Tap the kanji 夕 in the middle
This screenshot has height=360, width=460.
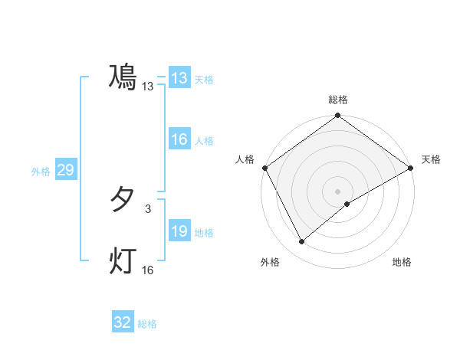(x=123, y=200)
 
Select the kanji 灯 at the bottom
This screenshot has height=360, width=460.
(x=123, y=261)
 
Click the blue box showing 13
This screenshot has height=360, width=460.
(x=179, y=78)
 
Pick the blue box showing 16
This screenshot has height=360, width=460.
(x=179, y=139)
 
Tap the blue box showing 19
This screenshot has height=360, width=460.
(x=179, y=231)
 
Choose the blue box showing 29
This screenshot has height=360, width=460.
(x=65, y=170)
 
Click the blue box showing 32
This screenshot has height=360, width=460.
(x=123, y=322)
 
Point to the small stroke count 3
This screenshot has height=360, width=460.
(x=148, y=208)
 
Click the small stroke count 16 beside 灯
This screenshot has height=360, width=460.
(x=148, y=270)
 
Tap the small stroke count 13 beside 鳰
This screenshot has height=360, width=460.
(x=148, y=87)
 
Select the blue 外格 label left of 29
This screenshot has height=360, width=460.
(x=41, y=172)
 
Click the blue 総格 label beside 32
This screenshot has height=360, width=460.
(x=147, y=324)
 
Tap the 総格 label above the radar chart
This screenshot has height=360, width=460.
(x=338, y=100)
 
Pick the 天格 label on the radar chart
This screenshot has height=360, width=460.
(x=431, y=159)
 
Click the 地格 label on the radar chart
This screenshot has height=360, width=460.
(x=402, y=263)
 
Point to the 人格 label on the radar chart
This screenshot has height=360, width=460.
(x=245, y=159)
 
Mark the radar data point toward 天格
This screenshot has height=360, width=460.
(x=411, y=167)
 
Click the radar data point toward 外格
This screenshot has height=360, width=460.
(x=302, y=241)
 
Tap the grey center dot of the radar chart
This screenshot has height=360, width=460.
(x=338, y=191)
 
